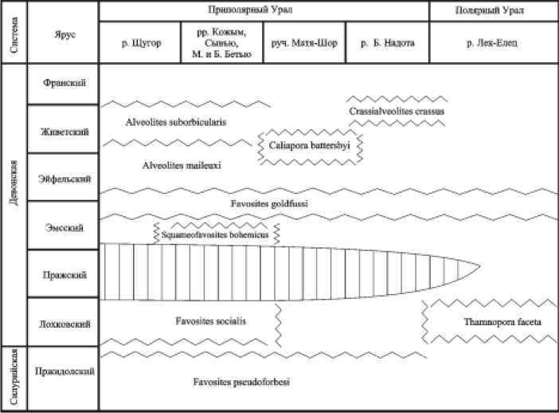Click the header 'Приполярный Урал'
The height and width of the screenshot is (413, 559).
[x=264, y=12]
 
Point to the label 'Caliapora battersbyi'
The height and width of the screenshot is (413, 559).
[x=312, y=147]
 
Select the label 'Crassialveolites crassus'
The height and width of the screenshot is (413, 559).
[x=396, y=112]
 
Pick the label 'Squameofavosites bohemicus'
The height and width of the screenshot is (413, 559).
[x=215, y=235]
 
